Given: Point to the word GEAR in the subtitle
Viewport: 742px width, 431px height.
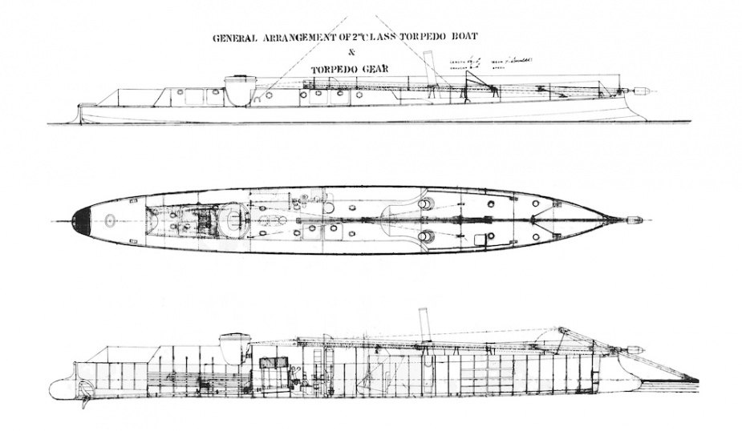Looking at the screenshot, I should (x=372, y=69).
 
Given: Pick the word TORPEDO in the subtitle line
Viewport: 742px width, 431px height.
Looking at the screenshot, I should (x=333, y=69).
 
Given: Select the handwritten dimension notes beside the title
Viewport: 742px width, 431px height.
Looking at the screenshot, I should (x=489, y=62).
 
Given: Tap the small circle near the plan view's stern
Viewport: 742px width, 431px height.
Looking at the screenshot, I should (x=110, y=219).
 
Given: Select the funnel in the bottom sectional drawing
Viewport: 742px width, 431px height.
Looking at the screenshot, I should (x=424, y=321).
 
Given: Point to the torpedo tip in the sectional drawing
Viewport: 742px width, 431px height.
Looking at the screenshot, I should (x=635, y=349).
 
